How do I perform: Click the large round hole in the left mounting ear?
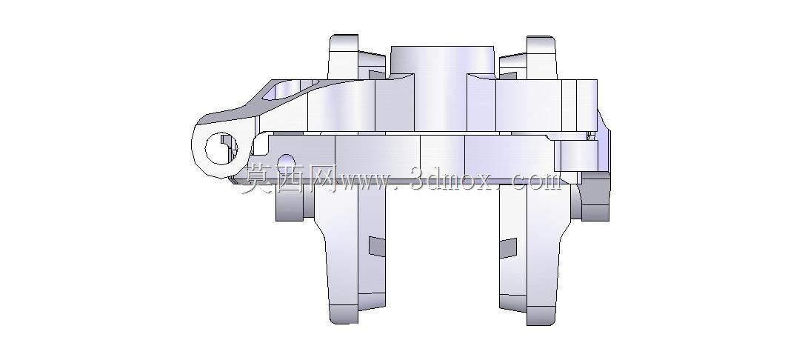(x=221, y=148)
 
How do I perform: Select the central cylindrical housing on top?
(x=442, y=87)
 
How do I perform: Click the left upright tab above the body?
(x=343, y=56)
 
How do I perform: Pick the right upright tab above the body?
(x=541, y=57)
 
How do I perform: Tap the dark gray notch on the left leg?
(x=378, y=247)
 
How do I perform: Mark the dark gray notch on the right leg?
(x=508, y=248)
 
